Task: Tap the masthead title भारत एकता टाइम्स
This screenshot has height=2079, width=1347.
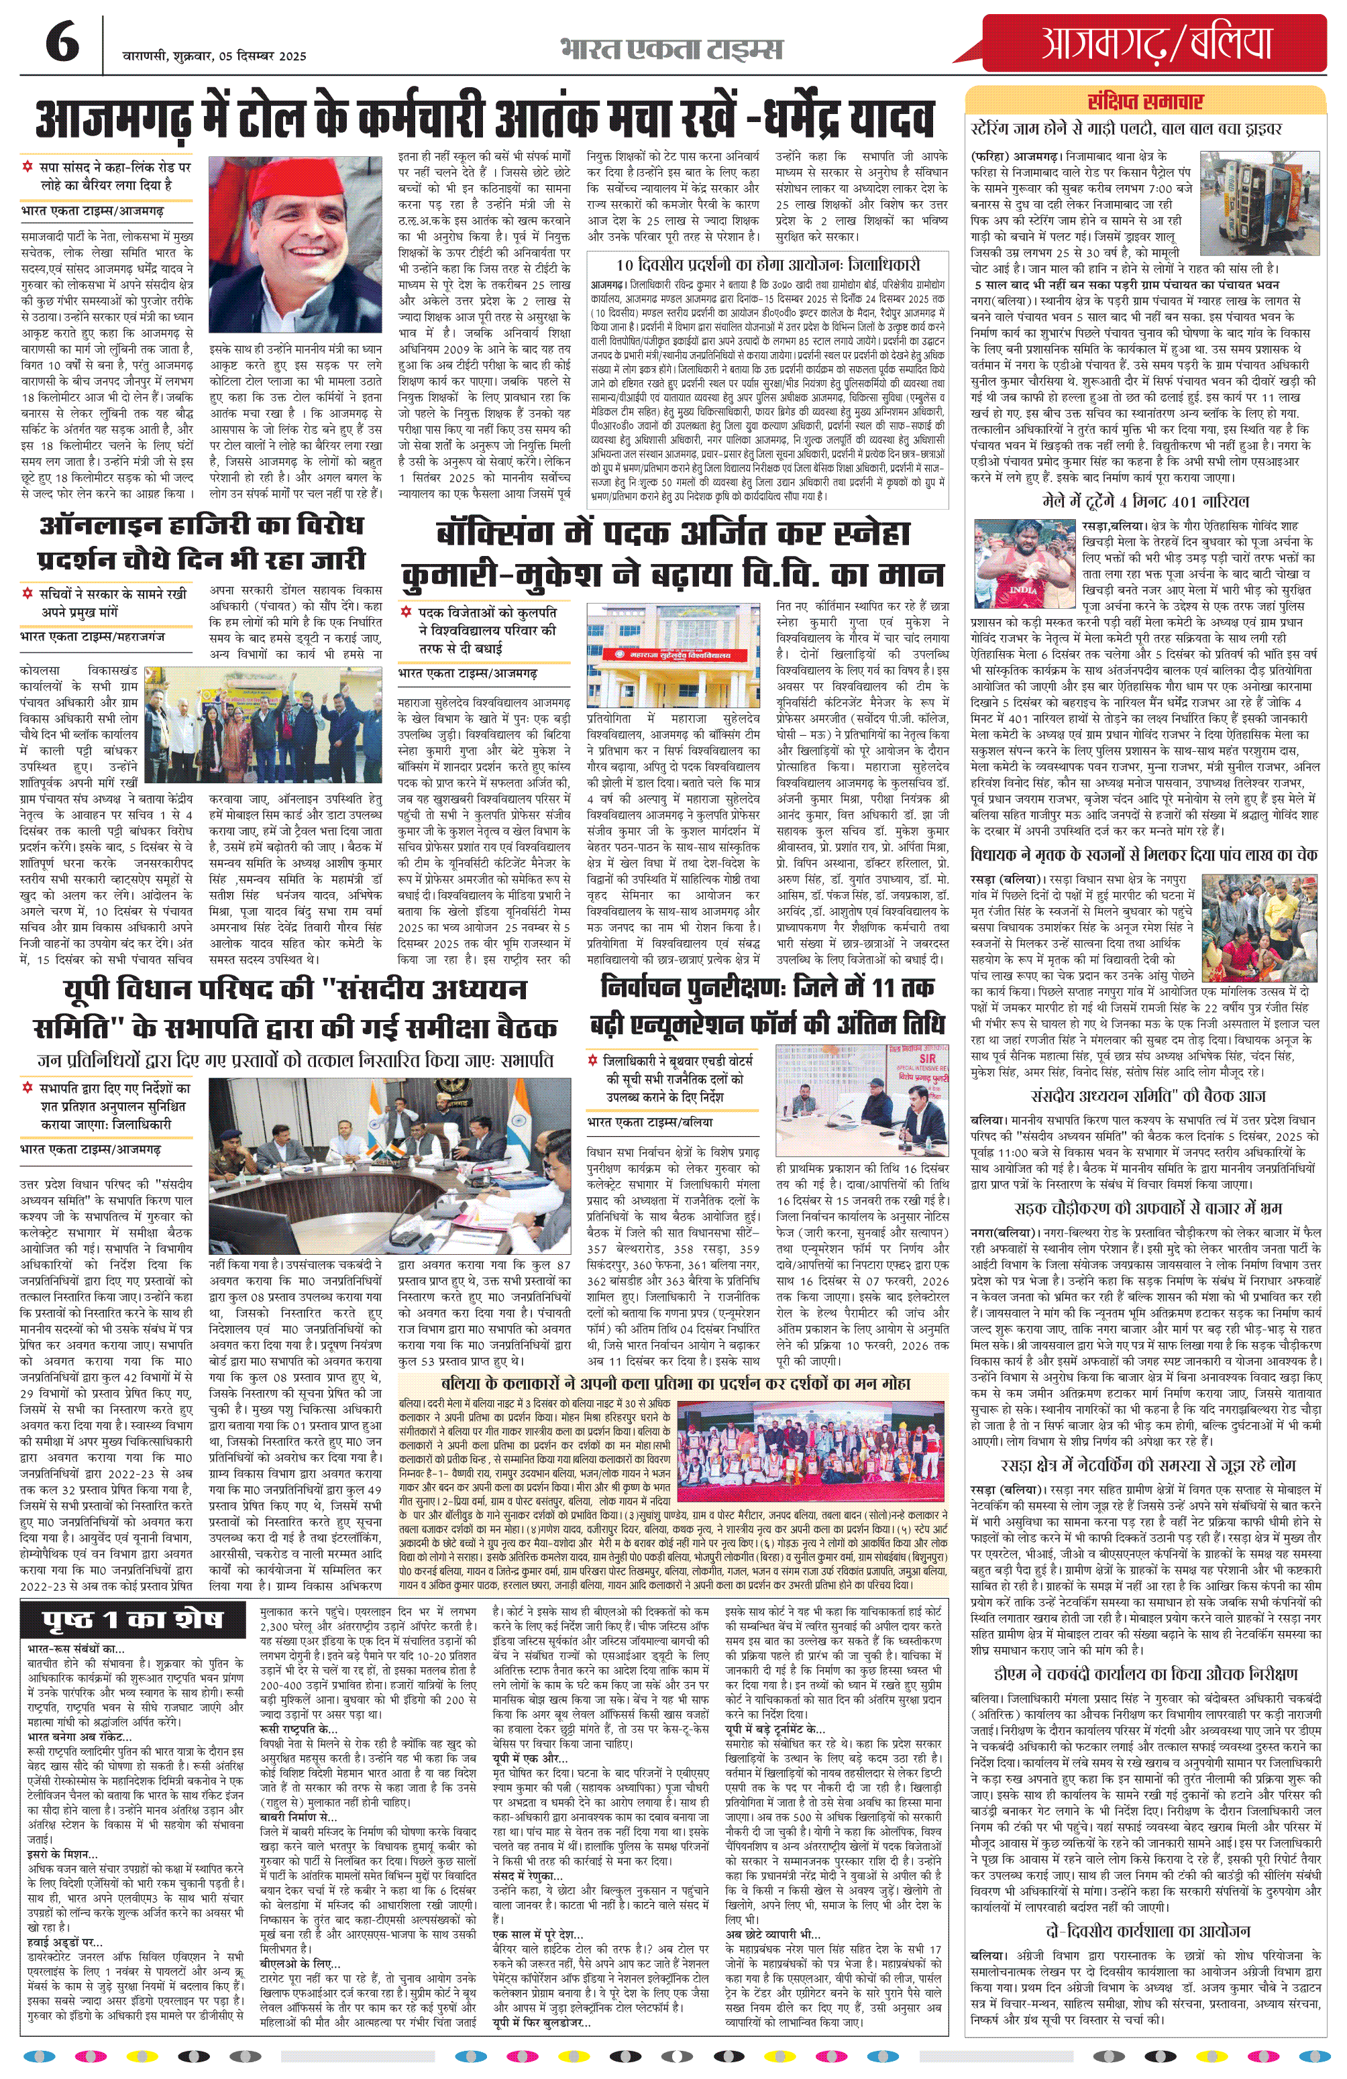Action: tap(671, 49)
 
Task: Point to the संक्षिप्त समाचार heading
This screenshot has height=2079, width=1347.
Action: tap(1144, 101)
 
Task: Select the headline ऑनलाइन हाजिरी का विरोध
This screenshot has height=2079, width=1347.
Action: tap(201, 526)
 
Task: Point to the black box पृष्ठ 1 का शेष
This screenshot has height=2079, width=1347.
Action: tap(133, 1620)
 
